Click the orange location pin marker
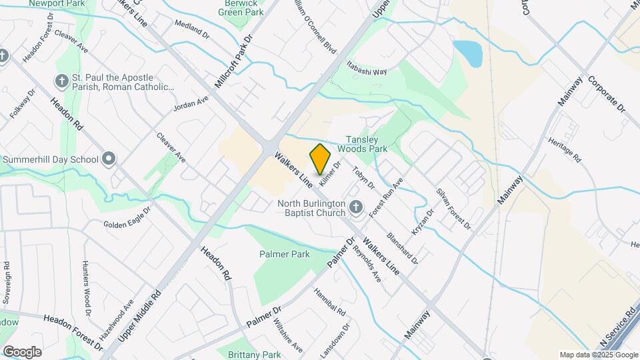pos(321,159)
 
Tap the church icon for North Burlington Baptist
pos(355,208)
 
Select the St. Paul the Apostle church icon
pos(61,81)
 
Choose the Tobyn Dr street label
pos(364,177)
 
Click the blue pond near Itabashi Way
pos(467,53)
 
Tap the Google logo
pos(22,352)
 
